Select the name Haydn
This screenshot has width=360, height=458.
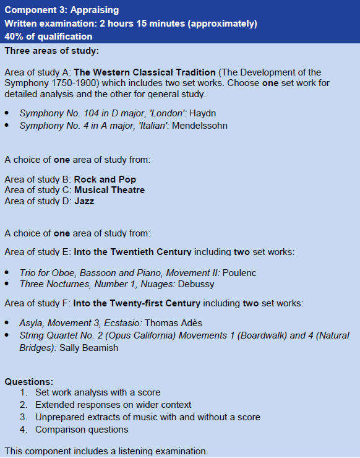[x=203, y=113]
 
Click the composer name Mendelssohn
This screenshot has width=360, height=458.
[x=199, y=126]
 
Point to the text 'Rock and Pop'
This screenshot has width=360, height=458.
[x=105, y=179]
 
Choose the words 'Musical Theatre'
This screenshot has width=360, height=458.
[x=109, y=190]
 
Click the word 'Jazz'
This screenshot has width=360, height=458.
[x=84, y=201]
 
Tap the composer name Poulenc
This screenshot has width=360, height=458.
[x=239, y=273]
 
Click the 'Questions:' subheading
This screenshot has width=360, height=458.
[x=28, y=381]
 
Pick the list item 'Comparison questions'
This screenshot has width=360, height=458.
[x=82, y=430]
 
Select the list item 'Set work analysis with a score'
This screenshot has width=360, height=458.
[x=98, y=392]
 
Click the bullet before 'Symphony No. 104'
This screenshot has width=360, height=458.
[x=7, y=114]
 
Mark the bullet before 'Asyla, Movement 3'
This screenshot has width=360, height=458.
[x=7, y=324]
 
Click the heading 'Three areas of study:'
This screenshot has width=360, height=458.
[x=51, y=50]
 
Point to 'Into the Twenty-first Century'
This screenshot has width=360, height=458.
[x=137, y=303]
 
